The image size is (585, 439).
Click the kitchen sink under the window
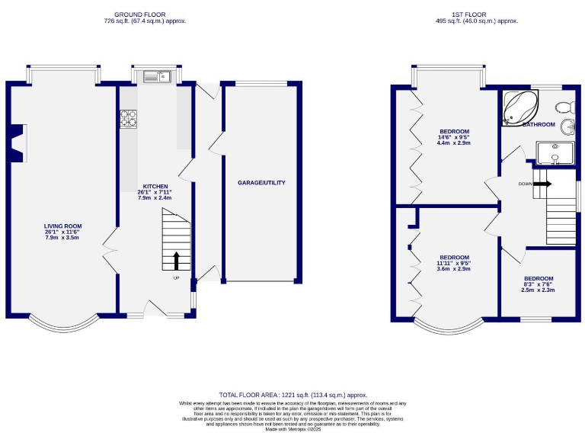pyautogui.click(x=158, y=75)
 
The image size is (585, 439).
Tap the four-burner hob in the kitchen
pyautogui.click(x=128, y=118)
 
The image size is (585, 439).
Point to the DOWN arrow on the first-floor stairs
pyautogui.click(x=542, y=184)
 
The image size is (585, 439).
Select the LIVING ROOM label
pyautogui.click(x=62, y=226)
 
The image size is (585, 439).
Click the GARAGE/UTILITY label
pyautogui.click(x=261, y=183)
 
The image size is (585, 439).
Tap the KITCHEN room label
pyautogui.click(x=155, y=186)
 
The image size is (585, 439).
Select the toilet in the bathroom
pyautogui.click(x=564, y=105)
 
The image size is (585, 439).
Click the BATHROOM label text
pyautogui.click(x=539, y=125)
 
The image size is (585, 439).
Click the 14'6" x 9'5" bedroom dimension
pyautogui.click(x=454, y=137)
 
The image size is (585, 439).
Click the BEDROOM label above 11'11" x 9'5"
pyautogui.click(x=454, y=257)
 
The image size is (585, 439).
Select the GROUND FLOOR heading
pyautogui.click(x=145, y=14)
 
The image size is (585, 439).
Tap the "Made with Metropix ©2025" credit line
pyautogui.click(x=293, y=430)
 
